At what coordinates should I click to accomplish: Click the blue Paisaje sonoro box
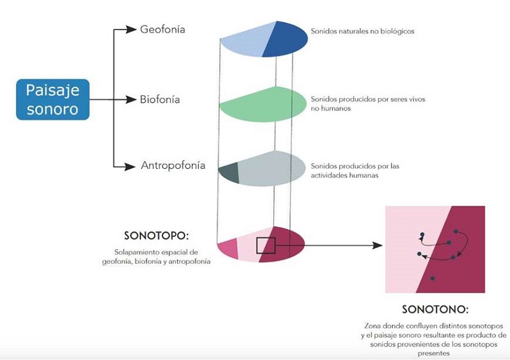tap(52, 99)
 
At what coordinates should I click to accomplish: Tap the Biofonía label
tap(160, 99)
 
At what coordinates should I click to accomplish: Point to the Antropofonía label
tap(173, 166)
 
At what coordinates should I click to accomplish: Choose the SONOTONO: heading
tap(435, 310)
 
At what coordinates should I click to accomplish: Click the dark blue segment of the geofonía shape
tap(287, 39)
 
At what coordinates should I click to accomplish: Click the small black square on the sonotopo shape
tap(265, 245)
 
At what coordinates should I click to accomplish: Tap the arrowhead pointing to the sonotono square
tap(378, 245)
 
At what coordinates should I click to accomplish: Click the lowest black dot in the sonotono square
tap(432, 278)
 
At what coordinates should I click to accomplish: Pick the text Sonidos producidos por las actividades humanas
tap(355, 171)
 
